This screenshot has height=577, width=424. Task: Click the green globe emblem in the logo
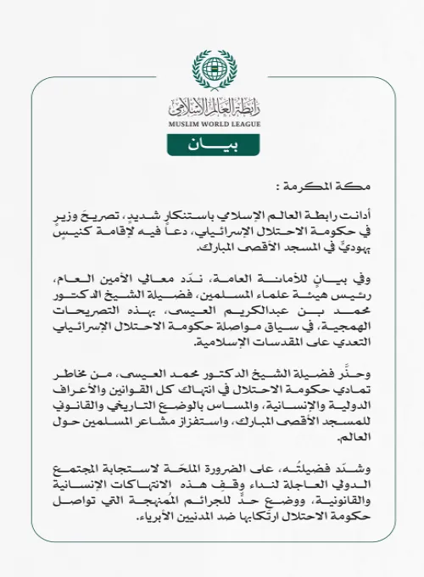coord(212,69)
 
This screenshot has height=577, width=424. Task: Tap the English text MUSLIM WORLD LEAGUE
coord(212,125)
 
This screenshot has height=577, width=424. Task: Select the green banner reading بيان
coord(212,145)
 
